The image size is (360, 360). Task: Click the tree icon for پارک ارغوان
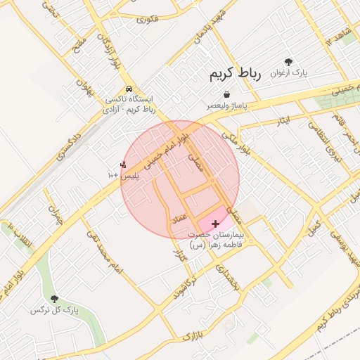pyautogui.click(x=288, y=62)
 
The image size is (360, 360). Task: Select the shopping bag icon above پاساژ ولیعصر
pyautogui.click(x=226, y=94)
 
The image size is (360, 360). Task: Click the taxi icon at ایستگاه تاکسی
pyautogui.click(x=129, y=89)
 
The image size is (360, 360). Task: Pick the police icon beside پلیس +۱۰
pyautogui.click(x=124, y=165)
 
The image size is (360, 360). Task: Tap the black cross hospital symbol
pyautogui.click(x=214, y=223)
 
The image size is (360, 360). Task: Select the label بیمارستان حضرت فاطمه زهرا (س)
pyautogui.click(x=217, y=240)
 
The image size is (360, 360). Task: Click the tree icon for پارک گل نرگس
pyautogui.click(x=55, y=300)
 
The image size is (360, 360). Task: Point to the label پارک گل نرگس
pyautogui.click(x=54, y=310)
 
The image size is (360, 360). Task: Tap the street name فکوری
pyautogui.click(x=148, y=18)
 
